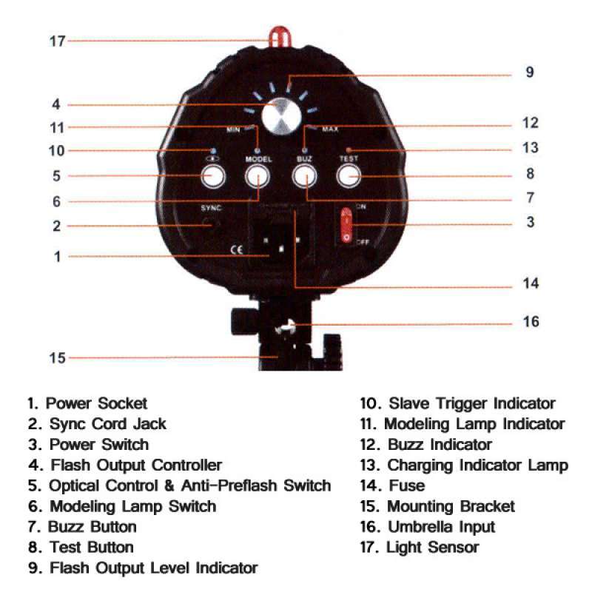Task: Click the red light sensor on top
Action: pos(280,36)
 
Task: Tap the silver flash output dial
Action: pos(281,116)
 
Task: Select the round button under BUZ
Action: pos(304,176)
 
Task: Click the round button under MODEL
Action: pos(258,176)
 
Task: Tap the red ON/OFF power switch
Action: pos(346,225)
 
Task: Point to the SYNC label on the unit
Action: pos(211,208)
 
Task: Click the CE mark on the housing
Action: pos(236,249)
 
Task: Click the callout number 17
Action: pos(58,41)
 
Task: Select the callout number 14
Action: pos(531,283)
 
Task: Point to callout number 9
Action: pos(530,72)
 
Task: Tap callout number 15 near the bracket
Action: pos(58,358)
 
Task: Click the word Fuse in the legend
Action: pos(406,485)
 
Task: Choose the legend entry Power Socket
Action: pos(96,403)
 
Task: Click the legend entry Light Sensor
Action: pos(432,548)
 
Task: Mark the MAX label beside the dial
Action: pos(330,129)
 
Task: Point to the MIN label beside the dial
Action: pos(233,130)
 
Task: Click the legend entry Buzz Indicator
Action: pos(440,445)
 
